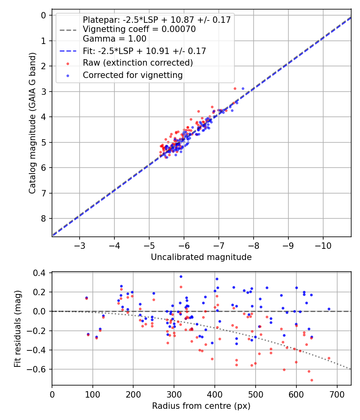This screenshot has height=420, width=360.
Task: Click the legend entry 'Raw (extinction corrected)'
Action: (x=138, y=63)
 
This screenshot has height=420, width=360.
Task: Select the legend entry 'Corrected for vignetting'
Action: (x=132, y=75)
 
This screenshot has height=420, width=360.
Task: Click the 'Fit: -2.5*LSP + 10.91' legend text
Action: (x=144, y=51)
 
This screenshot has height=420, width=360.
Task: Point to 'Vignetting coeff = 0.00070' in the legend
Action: (x=139, y=29)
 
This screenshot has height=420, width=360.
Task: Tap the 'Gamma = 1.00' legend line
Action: (x=114, y=39)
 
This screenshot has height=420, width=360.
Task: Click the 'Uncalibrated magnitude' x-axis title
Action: (x=201, y=257)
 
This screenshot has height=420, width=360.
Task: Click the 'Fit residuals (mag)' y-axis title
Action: (x=17, y=329)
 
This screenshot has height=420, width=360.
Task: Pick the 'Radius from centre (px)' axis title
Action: (x=201, y=406)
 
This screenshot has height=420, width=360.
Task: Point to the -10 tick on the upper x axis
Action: (x=323, y=244)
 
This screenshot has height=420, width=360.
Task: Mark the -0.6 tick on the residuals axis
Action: (x=40, y=369)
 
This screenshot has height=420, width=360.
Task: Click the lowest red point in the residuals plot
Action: (x=312, y=380)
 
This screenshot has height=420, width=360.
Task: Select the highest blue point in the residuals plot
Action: (x=181, y=276)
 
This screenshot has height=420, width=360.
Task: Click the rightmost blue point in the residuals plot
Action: (x=329, y=309)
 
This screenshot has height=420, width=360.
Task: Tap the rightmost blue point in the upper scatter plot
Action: (x=243, y=88)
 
